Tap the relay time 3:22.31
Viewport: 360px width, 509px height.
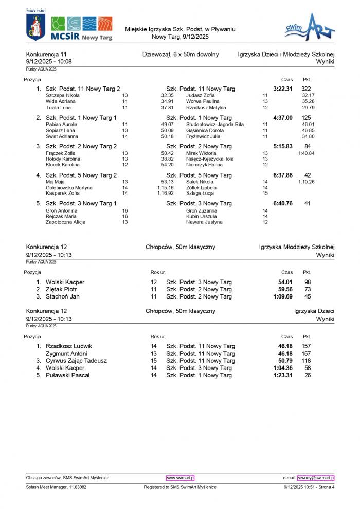(283, 89)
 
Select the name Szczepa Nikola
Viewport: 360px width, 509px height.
(63, 95)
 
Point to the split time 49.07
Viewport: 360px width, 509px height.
(167, 124)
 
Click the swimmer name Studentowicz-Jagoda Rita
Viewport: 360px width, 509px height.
(215, 124)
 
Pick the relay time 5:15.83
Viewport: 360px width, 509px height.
(283, 147)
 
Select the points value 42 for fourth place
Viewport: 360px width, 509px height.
(307, 175)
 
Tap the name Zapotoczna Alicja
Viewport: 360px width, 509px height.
(65, 222)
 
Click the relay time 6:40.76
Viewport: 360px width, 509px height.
(283, 204)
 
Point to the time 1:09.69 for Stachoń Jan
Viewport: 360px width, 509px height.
(283, 296)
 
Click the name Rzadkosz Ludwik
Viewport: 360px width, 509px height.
(69, 346)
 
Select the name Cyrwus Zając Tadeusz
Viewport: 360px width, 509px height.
(76, 361)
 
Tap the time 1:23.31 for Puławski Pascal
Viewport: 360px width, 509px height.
(283, 375)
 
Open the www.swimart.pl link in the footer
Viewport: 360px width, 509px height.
(180, 478)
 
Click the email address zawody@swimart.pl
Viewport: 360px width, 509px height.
(316, 478)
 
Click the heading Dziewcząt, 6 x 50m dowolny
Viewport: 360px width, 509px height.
(181, 54)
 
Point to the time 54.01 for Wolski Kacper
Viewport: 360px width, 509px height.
(285, 282)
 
